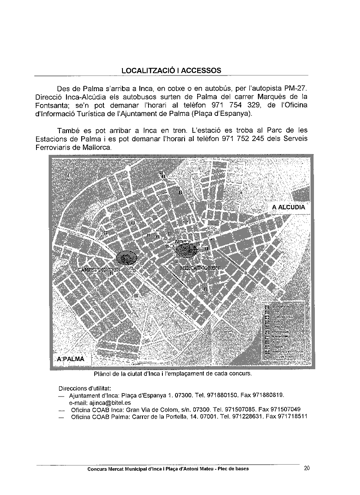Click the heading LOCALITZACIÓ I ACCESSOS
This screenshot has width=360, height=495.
click(x=171, y=70)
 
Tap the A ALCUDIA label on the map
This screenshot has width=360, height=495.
click(x=288, y=207)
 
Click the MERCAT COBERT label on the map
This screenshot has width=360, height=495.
click(x=200, y=268)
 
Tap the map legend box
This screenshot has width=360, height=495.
click(x=284, y=331)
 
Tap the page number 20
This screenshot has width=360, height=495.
click(x=307, y=468)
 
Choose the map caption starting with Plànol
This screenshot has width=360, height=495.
click(x=172, y=373)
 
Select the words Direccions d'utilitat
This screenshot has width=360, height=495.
click(x=85, y=388)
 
